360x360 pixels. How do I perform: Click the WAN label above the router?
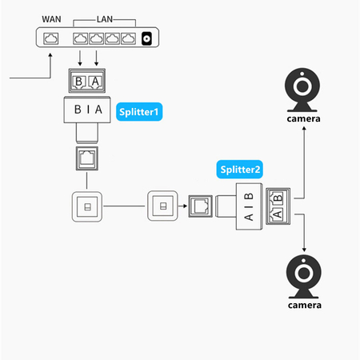coord(52,18)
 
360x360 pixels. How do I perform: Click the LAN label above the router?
coord(103,18)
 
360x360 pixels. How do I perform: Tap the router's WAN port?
coord(52,38)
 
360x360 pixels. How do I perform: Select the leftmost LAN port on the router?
coord(81,38)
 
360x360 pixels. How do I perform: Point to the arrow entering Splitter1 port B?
coord(81,59)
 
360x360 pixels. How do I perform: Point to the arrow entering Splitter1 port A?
coord(97,59)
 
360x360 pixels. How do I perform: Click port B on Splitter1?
coord(78,83)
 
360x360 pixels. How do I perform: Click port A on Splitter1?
coord(96,83)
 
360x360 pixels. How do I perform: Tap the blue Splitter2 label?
coord(240,169)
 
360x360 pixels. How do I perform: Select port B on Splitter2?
coord(278,198)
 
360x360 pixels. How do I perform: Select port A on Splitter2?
coord(278,214)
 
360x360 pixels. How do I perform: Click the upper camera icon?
coord(304,92)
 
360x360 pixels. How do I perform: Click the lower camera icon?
coord(304,277)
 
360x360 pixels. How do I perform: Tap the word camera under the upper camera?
coord(304,119)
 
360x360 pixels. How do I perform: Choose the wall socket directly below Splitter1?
coord(86,207)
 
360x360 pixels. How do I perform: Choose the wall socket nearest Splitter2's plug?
coord(163,207)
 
